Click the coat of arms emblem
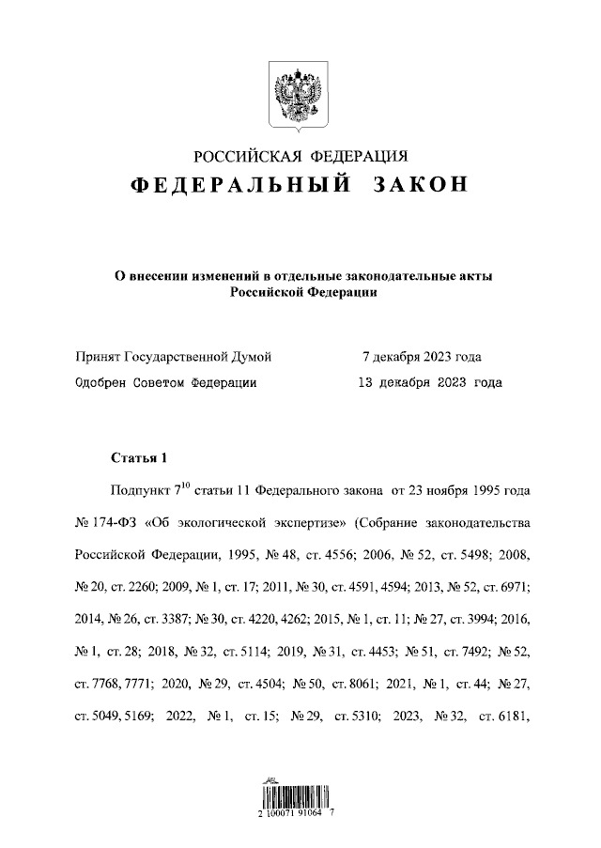point(300,94)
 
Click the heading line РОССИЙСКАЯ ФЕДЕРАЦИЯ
point(300,156)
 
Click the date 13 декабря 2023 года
point(430,382)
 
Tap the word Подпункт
point(137,491)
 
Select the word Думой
point(251,357)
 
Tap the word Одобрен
point(100,382)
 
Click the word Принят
point(97,357)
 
